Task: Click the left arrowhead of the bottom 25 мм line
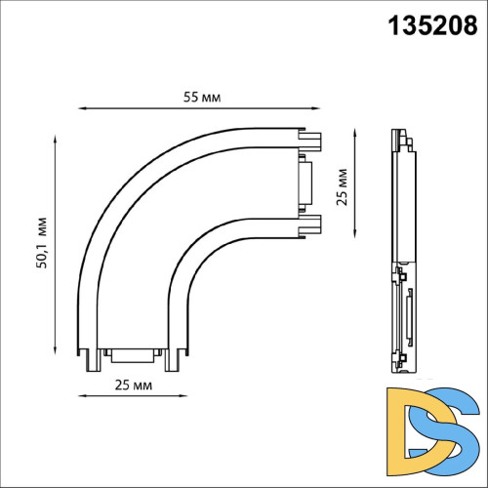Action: (x=81, y=394)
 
